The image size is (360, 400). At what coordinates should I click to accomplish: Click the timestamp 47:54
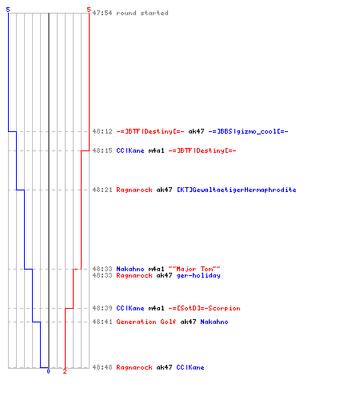point(102,13)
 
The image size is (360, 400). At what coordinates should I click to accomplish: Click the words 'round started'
point(142,13)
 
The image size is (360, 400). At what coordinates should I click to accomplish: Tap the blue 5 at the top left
point(8,10)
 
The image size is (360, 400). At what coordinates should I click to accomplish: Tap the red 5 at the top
point(89,10)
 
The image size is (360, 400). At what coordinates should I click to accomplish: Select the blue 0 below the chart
point(48,371)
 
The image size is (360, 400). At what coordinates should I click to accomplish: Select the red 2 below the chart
point(65,371)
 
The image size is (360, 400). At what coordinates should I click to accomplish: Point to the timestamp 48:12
point(102,131)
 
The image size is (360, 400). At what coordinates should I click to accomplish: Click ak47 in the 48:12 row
point(196,131)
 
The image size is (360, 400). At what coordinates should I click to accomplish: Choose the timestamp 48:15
point(102,150)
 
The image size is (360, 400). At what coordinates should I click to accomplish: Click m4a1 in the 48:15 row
point(156,150)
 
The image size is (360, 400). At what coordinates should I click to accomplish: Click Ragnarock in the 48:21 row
point(134,190)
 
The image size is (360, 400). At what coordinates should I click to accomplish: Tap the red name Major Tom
point(194,269)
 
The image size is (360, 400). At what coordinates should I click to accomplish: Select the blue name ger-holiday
point(198,275)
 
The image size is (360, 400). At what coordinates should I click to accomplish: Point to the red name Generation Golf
point(146,322)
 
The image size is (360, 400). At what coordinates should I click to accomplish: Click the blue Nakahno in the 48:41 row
point(214,322)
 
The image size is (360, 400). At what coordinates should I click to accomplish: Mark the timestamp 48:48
point(102,367)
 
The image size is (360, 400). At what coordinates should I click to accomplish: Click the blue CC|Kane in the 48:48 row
point(190,367)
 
